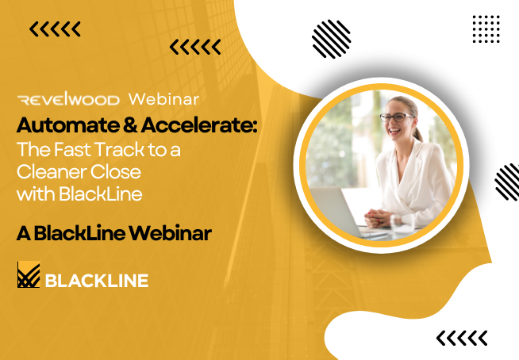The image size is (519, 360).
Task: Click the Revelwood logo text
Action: click(x=68, y=99)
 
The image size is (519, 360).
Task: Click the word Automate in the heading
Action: click(x=68, y=125)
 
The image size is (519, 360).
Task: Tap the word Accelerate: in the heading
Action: click(x=199, y=125)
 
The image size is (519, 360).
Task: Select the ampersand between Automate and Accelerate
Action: click(x=130, y=125)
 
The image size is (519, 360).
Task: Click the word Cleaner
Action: click(x=52, y=172)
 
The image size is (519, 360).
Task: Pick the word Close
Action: click(x=116, y=172)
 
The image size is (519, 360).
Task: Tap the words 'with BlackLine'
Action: click(x=79, y=194)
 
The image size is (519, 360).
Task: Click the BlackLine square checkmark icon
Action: click(x=29, y=274)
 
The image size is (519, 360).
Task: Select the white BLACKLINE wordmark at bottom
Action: click(x=97, y=281)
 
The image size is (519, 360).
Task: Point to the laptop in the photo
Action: click(x=344, y=212)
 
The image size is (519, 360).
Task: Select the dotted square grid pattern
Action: click(x=486, y=29)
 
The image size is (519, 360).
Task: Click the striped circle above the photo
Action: click(x=332, y=39)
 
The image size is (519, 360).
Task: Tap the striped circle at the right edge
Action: click(x=507, y=182)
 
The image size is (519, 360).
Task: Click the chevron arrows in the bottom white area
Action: click(x=462, y=338)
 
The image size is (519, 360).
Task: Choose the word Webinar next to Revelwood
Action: click(x=163, y=99)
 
